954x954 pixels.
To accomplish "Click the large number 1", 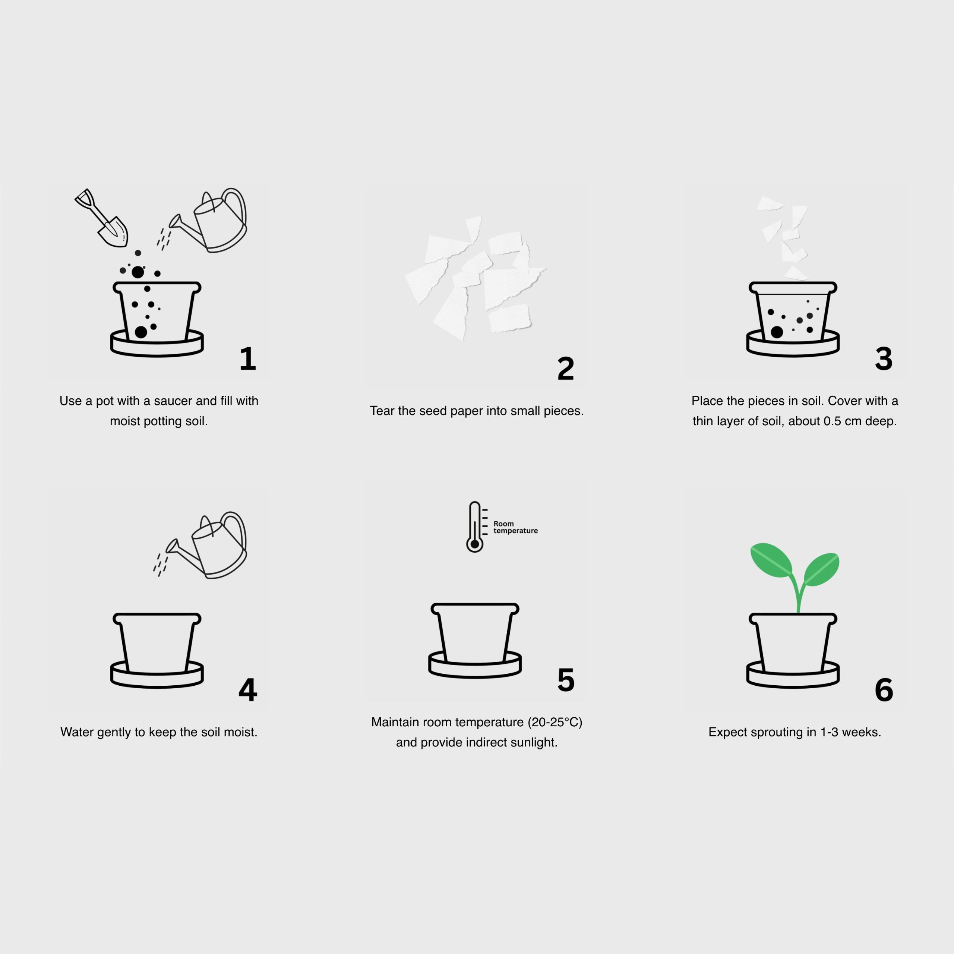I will coord(247,358).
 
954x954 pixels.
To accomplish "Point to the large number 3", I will coord(884,358).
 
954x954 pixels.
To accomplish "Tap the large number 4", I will coord(247,690).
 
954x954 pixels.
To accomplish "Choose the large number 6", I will coord(884,690).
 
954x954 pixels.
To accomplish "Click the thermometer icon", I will coord(474,527).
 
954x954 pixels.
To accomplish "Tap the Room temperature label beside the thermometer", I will coord(515,527).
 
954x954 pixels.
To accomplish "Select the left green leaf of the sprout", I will coord(770,560).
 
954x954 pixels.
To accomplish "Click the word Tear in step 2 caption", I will coord(382,411).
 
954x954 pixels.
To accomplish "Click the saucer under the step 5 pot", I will coord(474,670).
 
